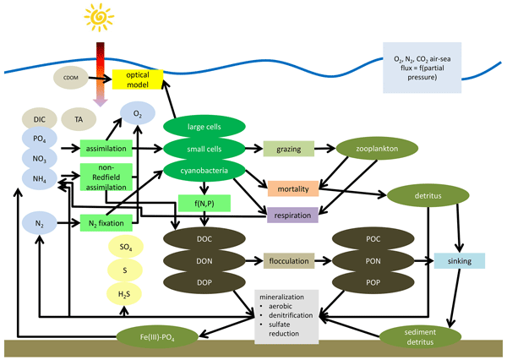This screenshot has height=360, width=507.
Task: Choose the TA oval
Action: pos(78,120)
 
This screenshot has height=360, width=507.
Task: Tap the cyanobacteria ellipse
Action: pos(204,170)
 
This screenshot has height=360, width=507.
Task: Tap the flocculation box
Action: pos(289,261)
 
